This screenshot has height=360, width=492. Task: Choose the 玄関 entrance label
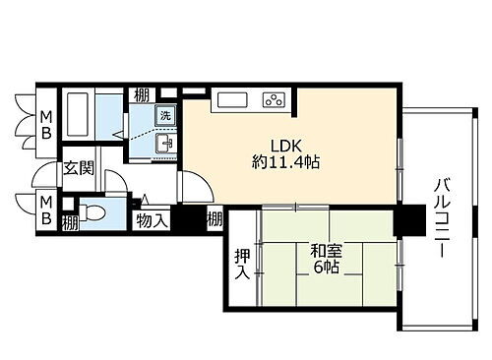click(79, 168)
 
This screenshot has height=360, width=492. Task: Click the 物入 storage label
click(153, 219)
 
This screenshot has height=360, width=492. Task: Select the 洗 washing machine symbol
click(166, 112)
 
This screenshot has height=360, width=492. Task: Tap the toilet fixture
click(92, 211)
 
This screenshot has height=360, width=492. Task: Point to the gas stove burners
click(273, 99)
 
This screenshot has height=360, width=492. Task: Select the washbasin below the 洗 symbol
click(166, 144)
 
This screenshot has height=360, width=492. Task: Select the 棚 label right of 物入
click(215, 220)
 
